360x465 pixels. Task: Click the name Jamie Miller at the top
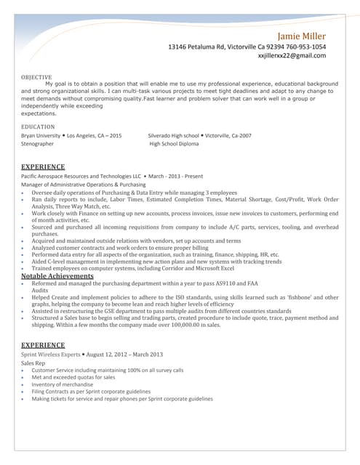(301, 36)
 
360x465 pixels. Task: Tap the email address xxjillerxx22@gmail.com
(292, 55)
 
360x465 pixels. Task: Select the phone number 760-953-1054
(300, 46)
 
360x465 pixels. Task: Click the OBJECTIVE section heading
(36, 76)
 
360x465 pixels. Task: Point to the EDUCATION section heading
(38, 126)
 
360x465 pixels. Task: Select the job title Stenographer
(37, 144)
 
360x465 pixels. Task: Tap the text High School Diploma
(174, 144)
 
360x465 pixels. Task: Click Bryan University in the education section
(41, 136)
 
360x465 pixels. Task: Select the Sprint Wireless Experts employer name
(52, 353)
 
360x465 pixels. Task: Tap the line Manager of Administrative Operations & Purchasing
(84, 185)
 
